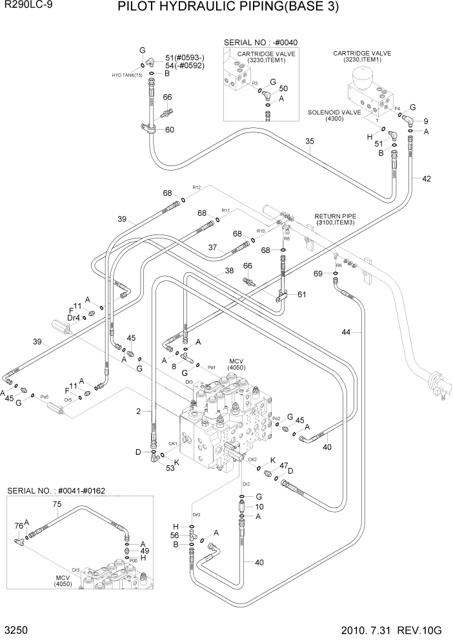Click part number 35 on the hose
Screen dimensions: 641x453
click(310, 142)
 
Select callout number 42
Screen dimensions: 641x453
click(427, 179)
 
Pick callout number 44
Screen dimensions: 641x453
click(347, 331)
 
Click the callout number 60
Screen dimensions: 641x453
click(170, 130)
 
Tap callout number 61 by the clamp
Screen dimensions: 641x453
click(301, 295)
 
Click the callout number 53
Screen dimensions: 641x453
click(170, 468)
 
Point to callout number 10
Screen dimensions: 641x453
click(259, 506)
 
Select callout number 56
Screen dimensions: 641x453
click(174, 536)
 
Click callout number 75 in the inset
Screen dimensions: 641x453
click(57, 504)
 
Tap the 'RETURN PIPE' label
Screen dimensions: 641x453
click(335, 216)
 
